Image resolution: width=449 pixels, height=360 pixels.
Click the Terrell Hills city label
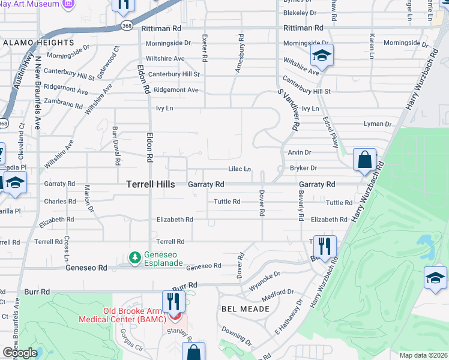tap(151, 185)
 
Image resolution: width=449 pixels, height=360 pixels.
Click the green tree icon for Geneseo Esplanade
tap(135, 257)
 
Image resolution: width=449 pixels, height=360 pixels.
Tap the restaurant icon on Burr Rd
tap(171, 299)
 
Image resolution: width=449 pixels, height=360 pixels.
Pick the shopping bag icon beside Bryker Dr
tap(364, 160)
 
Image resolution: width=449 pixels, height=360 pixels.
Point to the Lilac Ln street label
tap(239, 169)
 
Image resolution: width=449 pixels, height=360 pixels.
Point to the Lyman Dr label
tap(377, 124)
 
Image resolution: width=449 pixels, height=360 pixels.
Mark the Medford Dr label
tap(282, 293)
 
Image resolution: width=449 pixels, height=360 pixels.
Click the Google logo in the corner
tap(20, 352)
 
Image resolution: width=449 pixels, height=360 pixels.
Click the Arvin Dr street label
tap(300, 152)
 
